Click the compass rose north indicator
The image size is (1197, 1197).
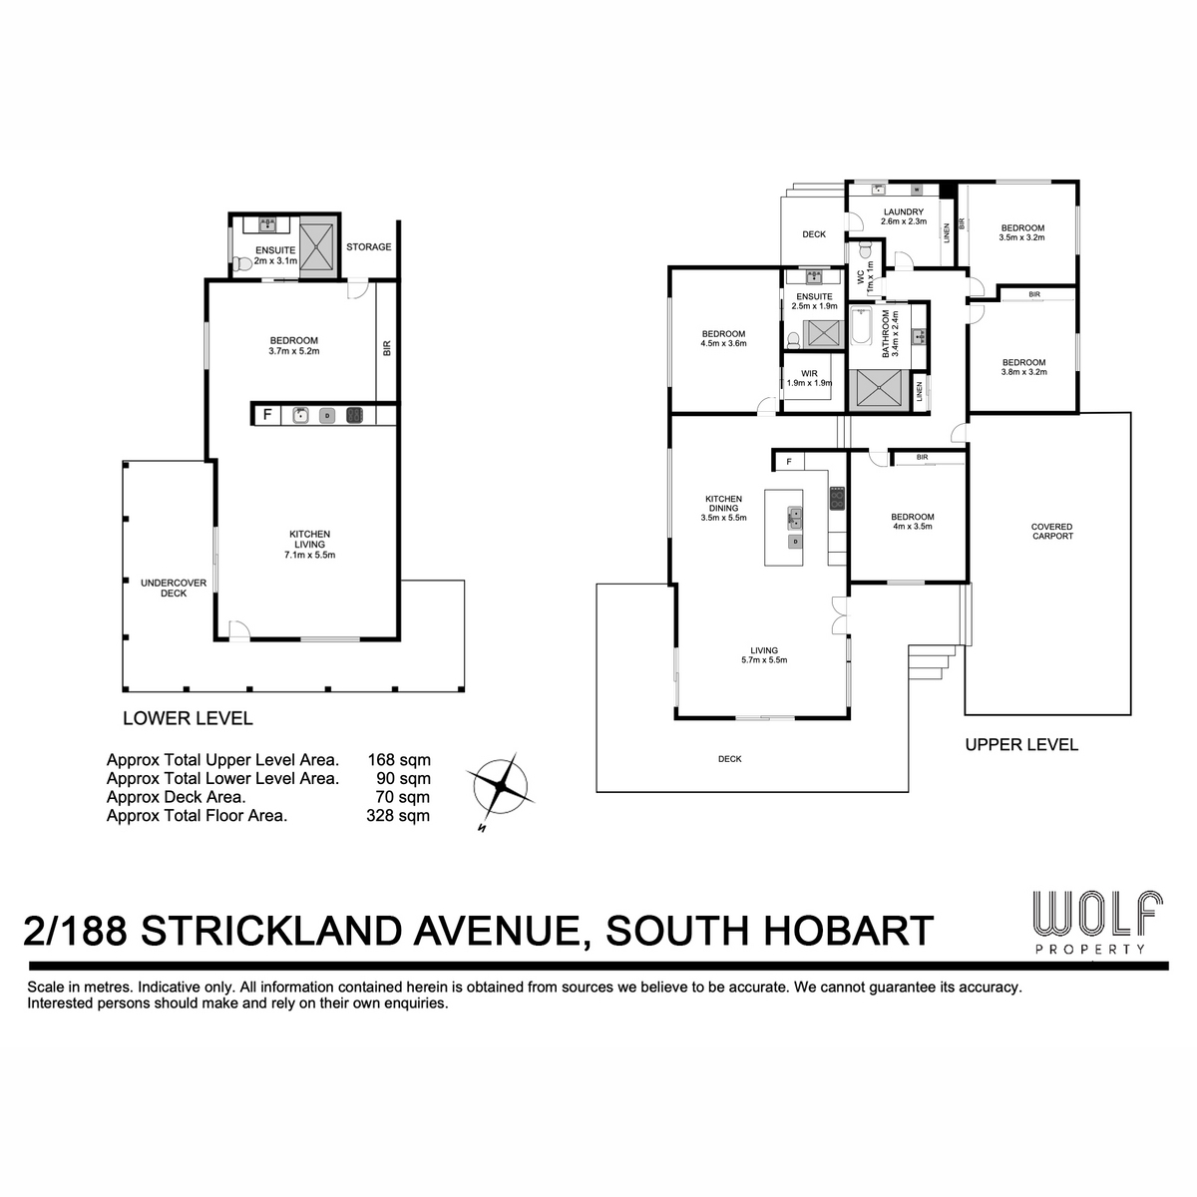click(x=481, y=828)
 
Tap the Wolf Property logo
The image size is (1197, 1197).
click(x=1097, y=922)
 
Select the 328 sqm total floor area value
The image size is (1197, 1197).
click(x=398, y=816)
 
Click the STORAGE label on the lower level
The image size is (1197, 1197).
click(x=368, y=246)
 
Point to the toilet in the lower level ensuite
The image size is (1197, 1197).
click(x=242, y=265)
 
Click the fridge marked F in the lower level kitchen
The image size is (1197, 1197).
click(x=267, y=414)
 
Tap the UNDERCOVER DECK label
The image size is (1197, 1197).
click(x=174, y=588)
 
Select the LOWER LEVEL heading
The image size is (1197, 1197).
click(x=188, y=718)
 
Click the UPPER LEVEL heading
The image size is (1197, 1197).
click(x=1021, y=745)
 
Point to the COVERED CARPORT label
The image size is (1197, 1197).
click(x=1051, y=531)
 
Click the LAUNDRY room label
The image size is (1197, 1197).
click(x=903, y=211)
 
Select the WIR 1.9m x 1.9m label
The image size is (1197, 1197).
click(x=809, y=378)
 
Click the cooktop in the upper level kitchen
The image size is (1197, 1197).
click(x=837, y=498)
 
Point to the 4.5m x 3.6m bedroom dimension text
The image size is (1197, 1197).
click(x=723, y=343)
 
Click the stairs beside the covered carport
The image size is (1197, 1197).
click(x=932, y=662)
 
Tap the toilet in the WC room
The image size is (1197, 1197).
click(x=865, y=249)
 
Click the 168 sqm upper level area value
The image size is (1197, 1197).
click(x=399, y=760)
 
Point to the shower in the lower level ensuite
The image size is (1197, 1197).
click(x=318, y=246)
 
